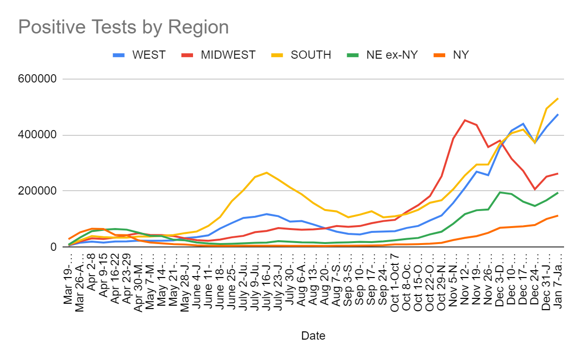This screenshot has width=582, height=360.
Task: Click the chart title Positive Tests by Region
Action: pos(123,27)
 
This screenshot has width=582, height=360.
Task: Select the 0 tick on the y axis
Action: pos(54,247)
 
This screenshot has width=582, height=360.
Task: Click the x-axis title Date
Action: pos(313,336)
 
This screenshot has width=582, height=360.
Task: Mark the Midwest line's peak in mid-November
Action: pos(465,120)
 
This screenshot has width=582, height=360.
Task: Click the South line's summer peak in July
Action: pos(266,172)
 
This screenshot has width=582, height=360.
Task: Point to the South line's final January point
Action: pos(558,98)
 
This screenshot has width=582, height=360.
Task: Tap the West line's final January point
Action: pos(558,115)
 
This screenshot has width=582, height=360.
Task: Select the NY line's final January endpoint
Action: pos(558,215)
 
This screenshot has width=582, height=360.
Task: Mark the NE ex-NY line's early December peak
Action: pos(500,192)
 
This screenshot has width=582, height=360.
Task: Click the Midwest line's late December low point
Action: pos(534,189)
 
